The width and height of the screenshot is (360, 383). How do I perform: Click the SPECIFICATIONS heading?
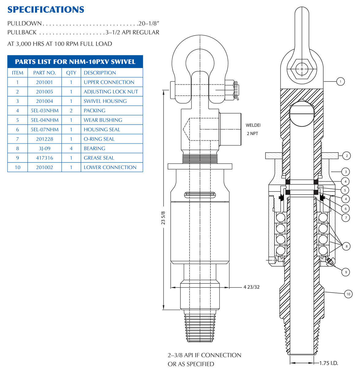pos(46,9)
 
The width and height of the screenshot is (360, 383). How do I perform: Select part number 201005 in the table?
pos(44,92)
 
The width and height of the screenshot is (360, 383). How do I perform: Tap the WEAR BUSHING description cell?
pos(103,120)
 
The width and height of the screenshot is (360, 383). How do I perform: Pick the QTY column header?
pos(71,73)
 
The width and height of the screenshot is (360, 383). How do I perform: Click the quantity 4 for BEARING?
pos(71,148)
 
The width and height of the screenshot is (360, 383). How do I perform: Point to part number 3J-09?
pos(44,148)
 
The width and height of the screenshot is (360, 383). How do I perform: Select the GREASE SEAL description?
pos(99,158)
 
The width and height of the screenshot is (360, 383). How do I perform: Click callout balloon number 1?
pos(340,82)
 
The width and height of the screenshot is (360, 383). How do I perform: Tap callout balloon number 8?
pos(347,246)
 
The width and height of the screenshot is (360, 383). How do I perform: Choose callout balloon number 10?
pos(348,294)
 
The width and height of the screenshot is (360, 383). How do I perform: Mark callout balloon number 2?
pos(347,156)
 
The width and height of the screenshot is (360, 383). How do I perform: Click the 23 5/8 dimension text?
pos(163,218)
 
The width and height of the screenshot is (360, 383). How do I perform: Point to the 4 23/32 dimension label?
pos(252,287)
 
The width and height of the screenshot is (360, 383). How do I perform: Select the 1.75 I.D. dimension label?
pos(328,363)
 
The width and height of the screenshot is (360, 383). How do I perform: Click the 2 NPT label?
pos(252,134)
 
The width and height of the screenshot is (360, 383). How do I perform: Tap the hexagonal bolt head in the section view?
pos(302,69)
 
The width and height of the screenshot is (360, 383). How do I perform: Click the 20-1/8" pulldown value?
pos(149,23)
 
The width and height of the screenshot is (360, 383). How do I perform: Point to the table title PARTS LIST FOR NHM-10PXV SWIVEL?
pos(75,62)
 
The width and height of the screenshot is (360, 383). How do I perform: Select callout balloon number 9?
pos(346,272)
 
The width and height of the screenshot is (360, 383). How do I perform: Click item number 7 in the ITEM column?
pos(17,139)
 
